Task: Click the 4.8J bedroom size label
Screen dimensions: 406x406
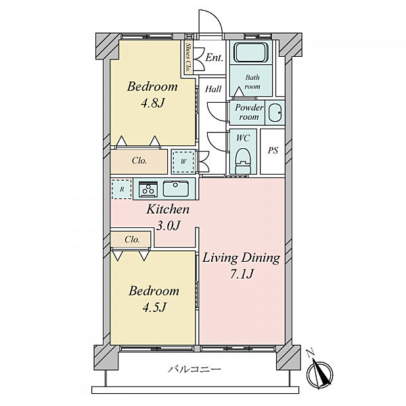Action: click(153, 104)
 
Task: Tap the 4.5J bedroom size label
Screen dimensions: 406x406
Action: click(154, 308)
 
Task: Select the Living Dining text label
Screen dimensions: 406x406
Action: click(241, 258)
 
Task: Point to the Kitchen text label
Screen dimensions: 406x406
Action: click(168, 209)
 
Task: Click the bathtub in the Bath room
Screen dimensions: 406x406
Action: click(250, 53)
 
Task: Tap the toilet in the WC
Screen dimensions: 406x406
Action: click(243, 160)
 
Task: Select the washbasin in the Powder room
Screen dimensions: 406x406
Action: click(275, 113)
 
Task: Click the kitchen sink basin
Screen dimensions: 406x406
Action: click(175, 189)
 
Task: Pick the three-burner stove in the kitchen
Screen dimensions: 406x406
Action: click(148, 188)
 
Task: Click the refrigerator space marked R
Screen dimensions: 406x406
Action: click(122, 189)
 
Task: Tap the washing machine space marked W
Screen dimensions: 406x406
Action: click(183, 162)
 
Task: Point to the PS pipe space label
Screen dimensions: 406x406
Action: click(273, 150)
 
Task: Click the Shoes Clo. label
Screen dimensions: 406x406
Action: click(187, 58)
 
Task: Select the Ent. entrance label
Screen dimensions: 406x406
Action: click(214, 58)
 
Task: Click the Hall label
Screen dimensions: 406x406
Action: click(213, 89)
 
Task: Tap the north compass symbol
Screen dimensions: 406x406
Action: click(319, 373)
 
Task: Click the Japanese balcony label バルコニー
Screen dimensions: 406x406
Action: click(194, 369)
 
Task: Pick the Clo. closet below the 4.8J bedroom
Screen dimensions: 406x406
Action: click(139, 161)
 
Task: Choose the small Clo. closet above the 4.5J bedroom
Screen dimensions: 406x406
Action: click(131, 239)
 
